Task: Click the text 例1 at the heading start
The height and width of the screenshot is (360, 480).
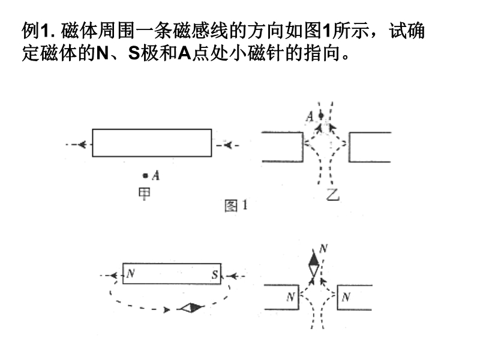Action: pyautogui.click(x=34, y=30)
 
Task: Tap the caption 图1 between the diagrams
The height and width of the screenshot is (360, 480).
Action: pyautogui.click(x=236, y=206)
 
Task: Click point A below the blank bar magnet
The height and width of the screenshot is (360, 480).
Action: pyautogui.click(x=145, y=175)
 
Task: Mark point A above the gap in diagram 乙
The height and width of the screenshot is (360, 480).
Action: pyautogui.click(x=321, y=115)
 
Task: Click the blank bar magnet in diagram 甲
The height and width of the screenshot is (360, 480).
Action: pyautogui.click(x=152, y=143)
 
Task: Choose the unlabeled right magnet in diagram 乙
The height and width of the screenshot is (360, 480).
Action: pyautogui.click(x=370, y=147)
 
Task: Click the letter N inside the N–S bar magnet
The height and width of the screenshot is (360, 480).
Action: pyautogui.click(x=130, y=275)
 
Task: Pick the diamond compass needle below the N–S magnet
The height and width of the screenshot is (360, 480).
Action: pyautogui.click(x=192, y=308)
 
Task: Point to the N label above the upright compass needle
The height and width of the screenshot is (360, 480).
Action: pyautogui.click(x=323, y=248)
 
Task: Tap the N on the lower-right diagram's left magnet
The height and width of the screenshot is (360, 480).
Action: pyautogui.click(x=291, y=296)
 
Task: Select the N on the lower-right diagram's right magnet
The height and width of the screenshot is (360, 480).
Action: pyautogui.click(x=346, y=296)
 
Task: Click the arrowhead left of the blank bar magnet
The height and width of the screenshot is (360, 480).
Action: pyautogui.click(x=80, y=144)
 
